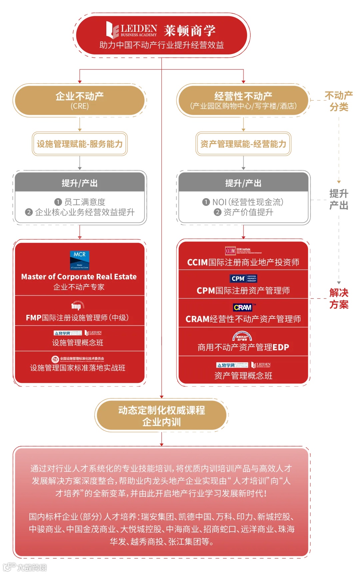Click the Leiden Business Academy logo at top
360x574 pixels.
point(132,30)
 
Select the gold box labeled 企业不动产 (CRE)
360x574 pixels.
point(80,100)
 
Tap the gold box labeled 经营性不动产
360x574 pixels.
point(243,100)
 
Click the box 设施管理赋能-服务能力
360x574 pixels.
point(80,144)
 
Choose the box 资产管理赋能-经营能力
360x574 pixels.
point(243,144)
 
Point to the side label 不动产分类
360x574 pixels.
point(339,101)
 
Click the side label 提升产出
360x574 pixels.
point(339,199)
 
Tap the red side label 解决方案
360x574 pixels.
point(339,299)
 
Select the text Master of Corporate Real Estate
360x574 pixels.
point(79,277)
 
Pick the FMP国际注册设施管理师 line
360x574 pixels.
point(77,318)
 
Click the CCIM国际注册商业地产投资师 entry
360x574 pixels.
point(243,262)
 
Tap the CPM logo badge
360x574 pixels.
point(244,278)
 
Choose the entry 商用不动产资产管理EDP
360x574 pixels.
point(243,347)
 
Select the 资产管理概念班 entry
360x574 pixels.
point(243,376)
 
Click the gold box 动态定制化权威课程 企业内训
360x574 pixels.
point(162,416)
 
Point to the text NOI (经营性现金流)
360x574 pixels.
point(247,202)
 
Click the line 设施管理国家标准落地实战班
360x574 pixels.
point(78,368)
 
